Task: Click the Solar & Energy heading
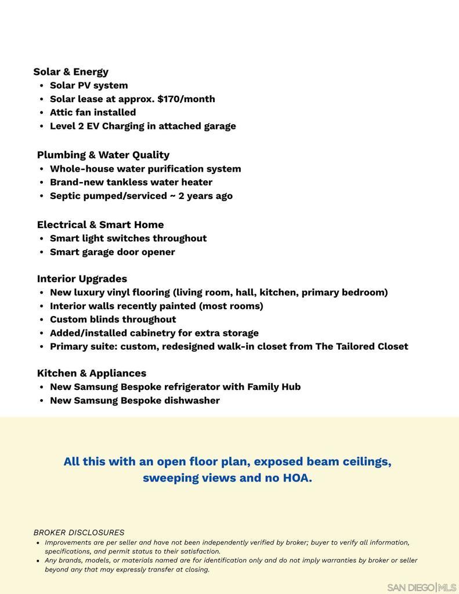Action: (71, 72)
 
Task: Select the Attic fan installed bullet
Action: (93, 113)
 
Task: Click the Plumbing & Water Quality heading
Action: (103, 155)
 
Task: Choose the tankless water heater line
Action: (131, 182)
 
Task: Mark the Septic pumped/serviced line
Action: (141, 196)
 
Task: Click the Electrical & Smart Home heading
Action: (100, 224)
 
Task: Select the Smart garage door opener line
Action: (112, 252)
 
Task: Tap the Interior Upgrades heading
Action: (82, 278)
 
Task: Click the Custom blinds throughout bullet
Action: (113, 320)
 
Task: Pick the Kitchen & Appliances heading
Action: (92, 373)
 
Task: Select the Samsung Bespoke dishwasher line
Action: (135, 400)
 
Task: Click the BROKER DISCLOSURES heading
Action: (79, 533)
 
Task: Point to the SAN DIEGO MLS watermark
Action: (421, 587)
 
